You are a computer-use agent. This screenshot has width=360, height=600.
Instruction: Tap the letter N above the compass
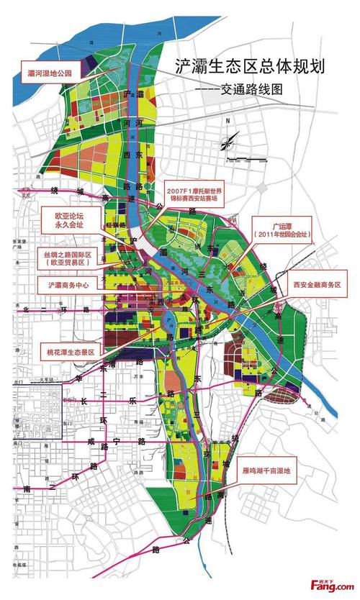pos(225,120)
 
